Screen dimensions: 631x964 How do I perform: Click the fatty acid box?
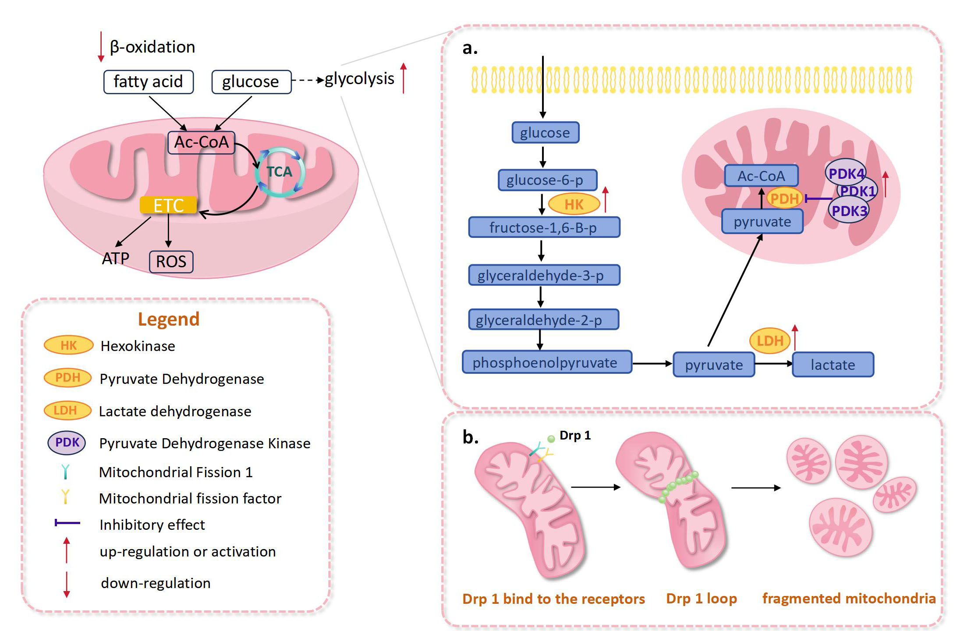pyautogui.click(x=148, y=82)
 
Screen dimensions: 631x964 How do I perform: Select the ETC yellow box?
pyautogui.click(x=168, y=205)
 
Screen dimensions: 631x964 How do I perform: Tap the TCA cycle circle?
pyautogui.click(x=279, y=171)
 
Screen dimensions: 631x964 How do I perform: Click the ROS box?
pyautogui.click(x=171, y=262)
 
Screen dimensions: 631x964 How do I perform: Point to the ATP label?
pyautogui.click(x=116, y=259)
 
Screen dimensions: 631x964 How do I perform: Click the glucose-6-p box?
pyautogui.click(x=547, y=180)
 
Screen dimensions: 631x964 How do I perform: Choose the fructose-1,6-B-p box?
pyautogui.click(x=544, y=227)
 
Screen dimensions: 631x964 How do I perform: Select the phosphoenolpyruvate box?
pyautogui.click(x=546, y=362)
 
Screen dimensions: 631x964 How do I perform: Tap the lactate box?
pyautogui.click(x=833, y=365)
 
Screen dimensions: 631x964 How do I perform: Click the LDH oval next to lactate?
pyautogui.click(x=770, y=340)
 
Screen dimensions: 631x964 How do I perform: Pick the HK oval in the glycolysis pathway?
pyautogui.click(x=574, y=204)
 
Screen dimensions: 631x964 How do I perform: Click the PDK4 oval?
pyautogui.click(x=846, y=174)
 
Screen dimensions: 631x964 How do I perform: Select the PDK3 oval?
pyautogui.click(x=849, y=211)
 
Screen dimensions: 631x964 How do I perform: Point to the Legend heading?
pyautogui.click(x=169, y=319)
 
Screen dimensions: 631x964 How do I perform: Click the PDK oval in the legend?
pyautogui.click(x=67, y=443)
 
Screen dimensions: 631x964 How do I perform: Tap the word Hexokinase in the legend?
pyautogui.click(x=138, y=346)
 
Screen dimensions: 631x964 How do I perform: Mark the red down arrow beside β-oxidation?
pyautogui.click(x=101, y=46)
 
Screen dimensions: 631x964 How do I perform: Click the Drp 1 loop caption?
pyautogui.click(x=701, y=599)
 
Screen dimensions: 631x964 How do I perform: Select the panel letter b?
pyautogui.click(x=470, y=437)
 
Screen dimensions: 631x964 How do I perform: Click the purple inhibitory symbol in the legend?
pyautogui.click(x=67, y=523)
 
